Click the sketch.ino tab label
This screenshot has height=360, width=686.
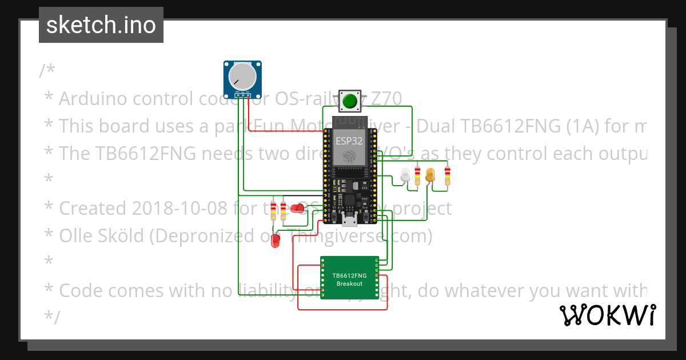coord(101,25)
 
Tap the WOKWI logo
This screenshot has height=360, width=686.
coord(607,315)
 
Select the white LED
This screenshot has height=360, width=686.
coord(406,175)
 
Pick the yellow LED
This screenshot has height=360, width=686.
coord(430,175)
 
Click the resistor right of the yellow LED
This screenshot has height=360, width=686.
coord(447,177)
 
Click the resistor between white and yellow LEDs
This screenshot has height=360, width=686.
coord(418,177)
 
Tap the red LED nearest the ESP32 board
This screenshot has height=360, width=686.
coord(297,209)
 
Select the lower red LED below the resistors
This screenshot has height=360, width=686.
coord(276,241)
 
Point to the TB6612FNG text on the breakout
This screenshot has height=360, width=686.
coord(349,275)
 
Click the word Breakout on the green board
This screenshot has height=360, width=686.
coord(349,283)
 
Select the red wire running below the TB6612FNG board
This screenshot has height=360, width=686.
coord(343,309)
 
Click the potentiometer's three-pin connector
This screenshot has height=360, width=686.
coord(243,94)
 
